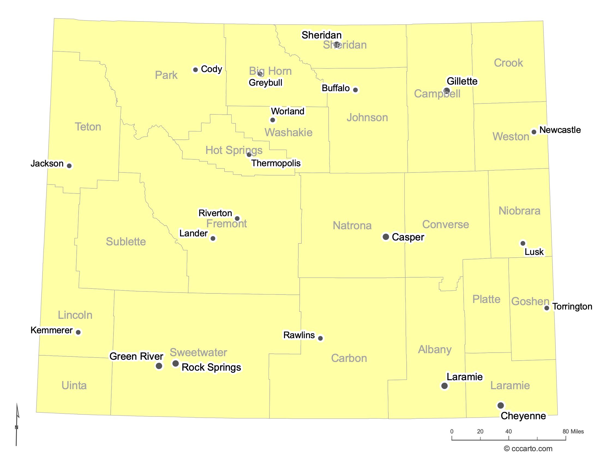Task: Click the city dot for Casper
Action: coord(386,237)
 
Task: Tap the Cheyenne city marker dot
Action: coord(500,405)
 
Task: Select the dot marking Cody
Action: coord(195,70)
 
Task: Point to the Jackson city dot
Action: coord(69,166)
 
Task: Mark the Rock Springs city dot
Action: coord(176,364)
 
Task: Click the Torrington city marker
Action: coord(547,308)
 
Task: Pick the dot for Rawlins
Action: coord(320,338)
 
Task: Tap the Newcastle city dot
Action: coord(534,132)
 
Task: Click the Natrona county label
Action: coord(352,226)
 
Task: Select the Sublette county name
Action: coord(126,242)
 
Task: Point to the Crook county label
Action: coord(508,63)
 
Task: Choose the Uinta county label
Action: coord(74,385)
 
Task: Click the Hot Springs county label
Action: coord(234,150)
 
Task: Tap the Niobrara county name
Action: coord(519,211)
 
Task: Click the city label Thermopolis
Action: coord(276,163)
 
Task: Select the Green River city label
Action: coord(136,356)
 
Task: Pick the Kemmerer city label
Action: coord(51,330)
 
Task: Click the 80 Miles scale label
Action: coord(573,432)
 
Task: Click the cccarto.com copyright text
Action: coord(528,449)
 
